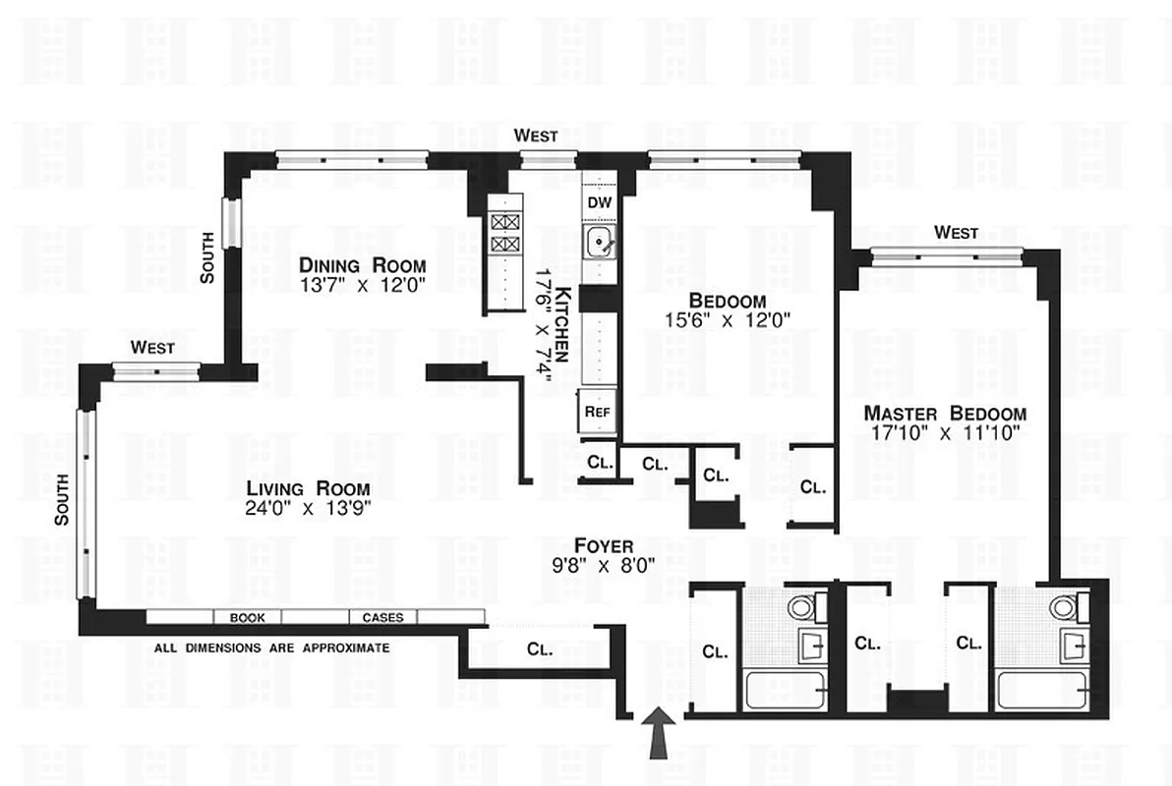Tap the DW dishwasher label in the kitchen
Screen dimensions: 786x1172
599,202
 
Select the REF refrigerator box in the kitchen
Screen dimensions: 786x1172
597,412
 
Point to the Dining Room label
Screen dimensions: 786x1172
363,265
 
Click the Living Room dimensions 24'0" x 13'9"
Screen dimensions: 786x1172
308,509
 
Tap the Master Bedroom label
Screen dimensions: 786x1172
945,414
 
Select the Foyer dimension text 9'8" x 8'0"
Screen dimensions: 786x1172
604,564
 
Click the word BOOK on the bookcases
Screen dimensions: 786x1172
248,618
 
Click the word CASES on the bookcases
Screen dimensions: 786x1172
383,618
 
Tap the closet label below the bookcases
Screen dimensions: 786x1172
540,649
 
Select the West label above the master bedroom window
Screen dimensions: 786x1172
956,233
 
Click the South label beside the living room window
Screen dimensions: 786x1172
62,512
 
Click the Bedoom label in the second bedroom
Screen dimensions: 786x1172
728,300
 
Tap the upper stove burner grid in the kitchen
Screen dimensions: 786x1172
504,222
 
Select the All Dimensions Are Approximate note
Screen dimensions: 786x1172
272,648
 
